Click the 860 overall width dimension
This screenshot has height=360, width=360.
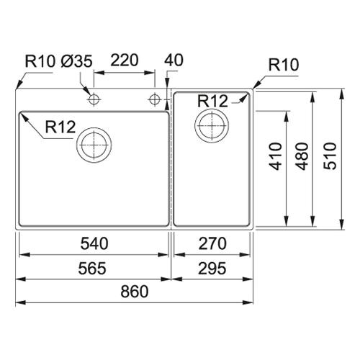(135, 292)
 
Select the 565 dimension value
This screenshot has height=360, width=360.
(92, 269)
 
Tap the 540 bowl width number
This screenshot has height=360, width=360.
(94, 243)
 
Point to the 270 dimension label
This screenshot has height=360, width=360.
(212, 243)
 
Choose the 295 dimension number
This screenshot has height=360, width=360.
(212, 269)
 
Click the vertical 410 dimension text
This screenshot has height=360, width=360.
(276, 156)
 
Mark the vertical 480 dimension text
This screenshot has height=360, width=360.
(302, 156)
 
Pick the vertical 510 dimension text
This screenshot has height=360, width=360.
(330, 156)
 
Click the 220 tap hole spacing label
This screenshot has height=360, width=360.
(125, 60)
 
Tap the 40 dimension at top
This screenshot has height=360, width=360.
(174, 60)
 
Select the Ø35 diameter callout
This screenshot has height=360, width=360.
(76, 61)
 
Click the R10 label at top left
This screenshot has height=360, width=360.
(40, 61)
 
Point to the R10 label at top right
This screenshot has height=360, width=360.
(284, 65)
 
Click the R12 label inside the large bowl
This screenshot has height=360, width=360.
(60, 127)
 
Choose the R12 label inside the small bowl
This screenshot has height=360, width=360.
(212, 101)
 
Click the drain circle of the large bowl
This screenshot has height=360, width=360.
(94, 127)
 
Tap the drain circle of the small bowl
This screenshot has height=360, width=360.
(212, 108)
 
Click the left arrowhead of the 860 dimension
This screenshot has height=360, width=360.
(21, 302)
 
